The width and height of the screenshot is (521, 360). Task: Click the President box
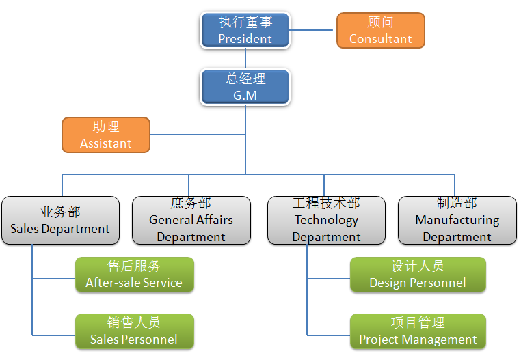pyautogui.click(x=245, y=30)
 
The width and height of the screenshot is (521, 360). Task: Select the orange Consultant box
pyautogui.click(x=380, y=30)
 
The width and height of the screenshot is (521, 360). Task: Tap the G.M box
pyautogui.click(x=245, y=87)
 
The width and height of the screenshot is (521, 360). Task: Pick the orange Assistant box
pyautogui.click(x=105, y=135)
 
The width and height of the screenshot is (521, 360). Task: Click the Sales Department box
pyautogui.click(x=60, y=221)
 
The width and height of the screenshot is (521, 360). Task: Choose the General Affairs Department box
pyautogui.click(x=191, y=221)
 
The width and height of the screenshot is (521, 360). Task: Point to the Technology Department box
pyautogui.click(x=326, y=221)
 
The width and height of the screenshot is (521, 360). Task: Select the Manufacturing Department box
pyautogui.click(x=457, y=221)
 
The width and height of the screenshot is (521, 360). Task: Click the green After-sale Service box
pyautogui.click(x=134, y=275)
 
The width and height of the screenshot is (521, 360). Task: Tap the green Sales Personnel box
pyautogui.click(x=134, y=331)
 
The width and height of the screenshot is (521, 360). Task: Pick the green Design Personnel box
pyautogui.click(x=418, y=275)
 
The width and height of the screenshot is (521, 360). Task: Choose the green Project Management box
pyautogui.click(x=418, y=331)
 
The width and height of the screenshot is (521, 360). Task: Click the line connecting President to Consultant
pyautogui.click(x=313, y=30)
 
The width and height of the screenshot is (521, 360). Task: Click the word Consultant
pyautogui.click(x=380, y=39)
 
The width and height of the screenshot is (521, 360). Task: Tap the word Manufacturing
pyautogui.click(x=457, y=220)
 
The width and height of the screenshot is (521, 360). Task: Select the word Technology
pyautogui.click(x=326, y=220)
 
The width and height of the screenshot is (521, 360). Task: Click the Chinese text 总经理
pyautogui.click(x=245, y=79)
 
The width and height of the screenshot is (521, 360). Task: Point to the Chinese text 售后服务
pyautogui.click(x=134, y=266)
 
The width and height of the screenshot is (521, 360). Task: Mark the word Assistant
pyautogui.click(x=105, y=143)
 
